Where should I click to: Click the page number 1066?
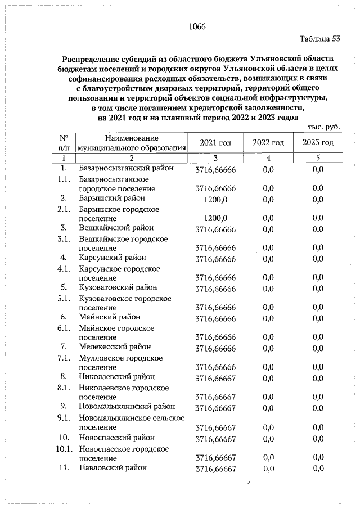point(197,27)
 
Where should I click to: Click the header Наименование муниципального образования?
point(132,143)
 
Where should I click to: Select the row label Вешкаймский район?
point(116,228)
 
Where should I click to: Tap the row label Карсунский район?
point(112,258)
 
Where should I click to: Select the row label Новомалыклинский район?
point(127,406)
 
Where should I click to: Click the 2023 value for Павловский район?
point(318,468)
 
